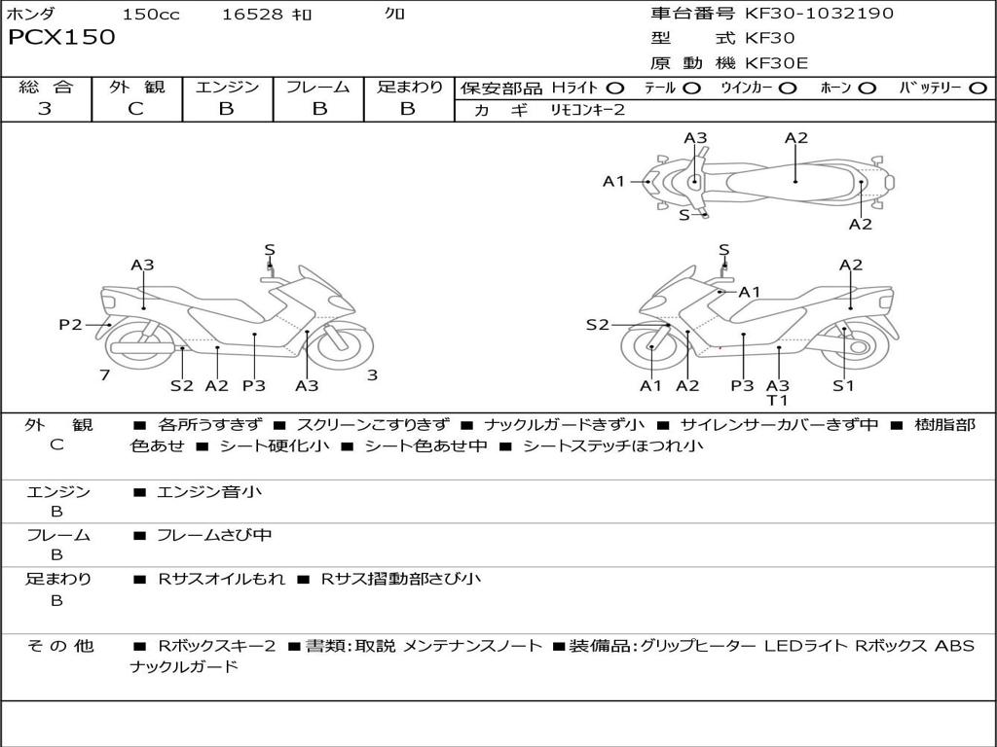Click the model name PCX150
point(61,38)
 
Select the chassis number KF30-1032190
point(819,14)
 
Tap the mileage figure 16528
point(251,15)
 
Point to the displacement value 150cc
point(151,15)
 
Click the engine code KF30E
point(777,64)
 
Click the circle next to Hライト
point(614,88)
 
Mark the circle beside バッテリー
point(979,88)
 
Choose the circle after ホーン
point(867,88)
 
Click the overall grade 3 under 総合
point(45,109)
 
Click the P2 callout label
point(70,325)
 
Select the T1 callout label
point(777,400)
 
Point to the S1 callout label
point(843,385)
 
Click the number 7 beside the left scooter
point(104,375)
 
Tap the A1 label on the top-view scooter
point(613,181)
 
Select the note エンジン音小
point(208,492)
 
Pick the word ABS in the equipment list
point(954,646)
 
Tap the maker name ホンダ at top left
point(31,15)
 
